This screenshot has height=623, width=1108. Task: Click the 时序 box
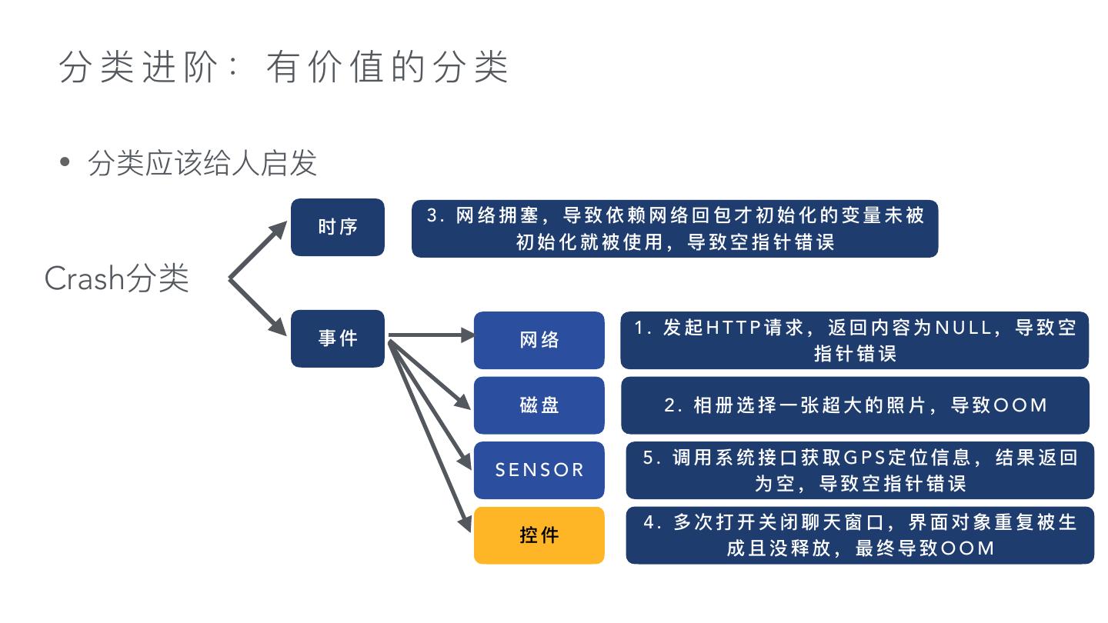point(337,227)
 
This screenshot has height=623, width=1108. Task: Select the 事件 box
point(337,338)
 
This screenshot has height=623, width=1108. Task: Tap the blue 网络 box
point(539,340)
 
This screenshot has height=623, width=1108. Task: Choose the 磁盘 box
point(539,405)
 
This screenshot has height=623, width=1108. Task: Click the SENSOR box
point(539,470)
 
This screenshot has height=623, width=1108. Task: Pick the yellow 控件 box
point(539,535)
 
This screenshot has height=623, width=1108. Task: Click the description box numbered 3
point(675,228)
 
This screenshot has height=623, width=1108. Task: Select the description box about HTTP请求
point(854,340)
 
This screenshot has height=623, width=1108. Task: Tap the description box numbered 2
point(854,405)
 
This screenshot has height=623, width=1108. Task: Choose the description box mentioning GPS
point(859,470)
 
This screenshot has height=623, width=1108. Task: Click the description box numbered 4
point(859,535)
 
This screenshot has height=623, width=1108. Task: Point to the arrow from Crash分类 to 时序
point(258,250)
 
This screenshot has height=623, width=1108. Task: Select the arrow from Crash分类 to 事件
point(258,306)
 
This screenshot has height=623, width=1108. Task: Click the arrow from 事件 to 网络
point(431,335)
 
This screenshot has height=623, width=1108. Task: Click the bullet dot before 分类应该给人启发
point(65,163)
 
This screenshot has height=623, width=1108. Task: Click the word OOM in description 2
point(1020,405)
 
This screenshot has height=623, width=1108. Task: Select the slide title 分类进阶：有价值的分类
point(283,68)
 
